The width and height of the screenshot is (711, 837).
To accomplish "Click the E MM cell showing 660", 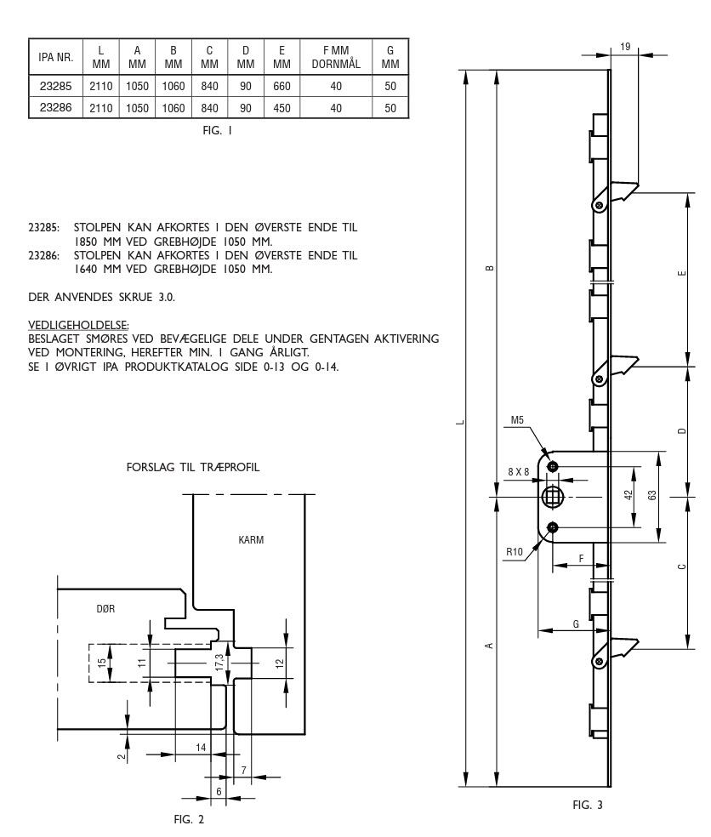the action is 282,86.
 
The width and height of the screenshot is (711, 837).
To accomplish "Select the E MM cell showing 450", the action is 282,108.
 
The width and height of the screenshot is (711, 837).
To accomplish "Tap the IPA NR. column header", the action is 55,57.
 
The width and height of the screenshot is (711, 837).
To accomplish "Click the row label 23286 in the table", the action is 55,107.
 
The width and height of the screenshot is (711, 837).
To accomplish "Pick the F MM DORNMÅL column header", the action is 336,57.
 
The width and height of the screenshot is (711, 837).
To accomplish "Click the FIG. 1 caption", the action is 217,130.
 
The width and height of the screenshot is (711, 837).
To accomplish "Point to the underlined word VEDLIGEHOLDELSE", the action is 78,325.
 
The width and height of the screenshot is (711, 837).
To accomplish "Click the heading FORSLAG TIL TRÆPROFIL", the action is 193,467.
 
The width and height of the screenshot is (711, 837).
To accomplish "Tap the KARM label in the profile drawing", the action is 251,539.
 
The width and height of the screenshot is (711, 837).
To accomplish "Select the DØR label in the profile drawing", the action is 105,608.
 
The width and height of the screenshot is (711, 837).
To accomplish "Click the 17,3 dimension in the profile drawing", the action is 219,663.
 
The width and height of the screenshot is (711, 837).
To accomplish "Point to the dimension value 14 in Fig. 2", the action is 201,748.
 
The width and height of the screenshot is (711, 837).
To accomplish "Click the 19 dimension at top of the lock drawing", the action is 625,47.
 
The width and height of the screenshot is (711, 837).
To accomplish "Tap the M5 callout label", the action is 517,420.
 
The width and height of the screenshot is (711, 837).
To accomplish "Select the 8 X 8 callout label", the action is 518,472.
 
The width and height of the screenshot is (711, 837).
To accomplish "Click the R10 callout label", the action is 515,552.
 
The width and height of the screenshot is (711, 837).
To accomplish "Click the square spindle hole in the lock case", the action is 553,497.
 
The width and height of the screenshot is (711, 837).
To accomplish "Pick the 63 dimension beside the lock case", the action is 652,495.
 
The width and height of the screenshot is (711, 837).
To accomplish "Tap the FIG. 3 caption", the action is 588,805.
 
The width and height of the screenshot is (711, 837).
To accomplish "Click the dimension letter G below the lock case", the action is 576,624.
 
